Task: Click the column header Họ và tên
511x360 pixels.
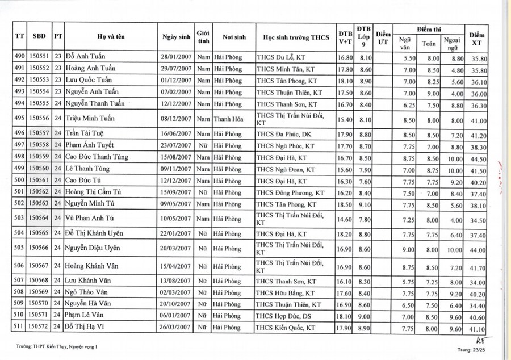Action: coord(112,37)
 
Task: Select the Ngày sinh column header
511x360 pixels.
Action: coord(176,37)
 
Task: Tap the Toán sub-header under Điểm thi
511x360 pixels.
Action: coord(429,43)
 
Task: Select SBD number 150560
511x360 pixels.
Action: coord(39,169)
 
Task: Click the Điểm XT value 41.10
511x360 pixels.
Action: coord(479,329)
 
